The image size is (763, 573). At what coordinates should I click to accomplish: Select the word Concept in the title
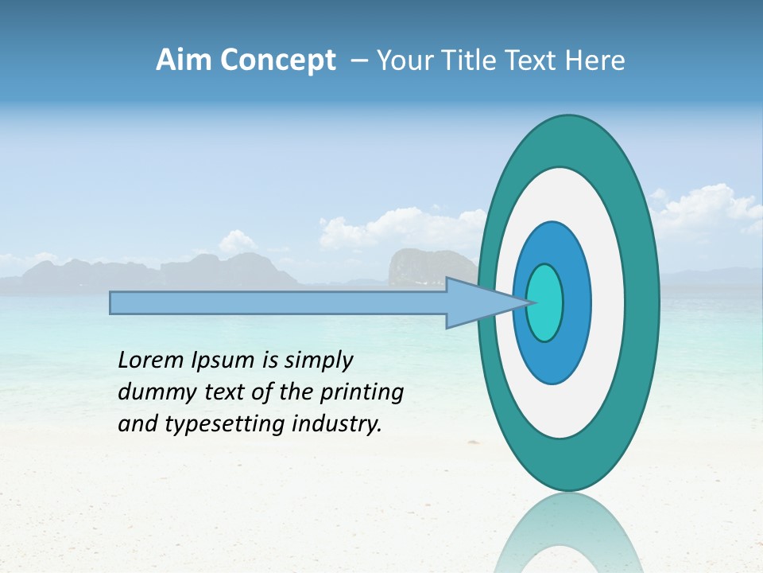(x=277, y=61)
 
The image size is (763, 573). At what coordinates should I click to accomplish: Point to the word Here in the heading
(x=595, y=60)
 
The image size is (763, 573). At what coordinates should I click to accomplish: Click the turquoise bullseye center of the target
(x=544, y=302)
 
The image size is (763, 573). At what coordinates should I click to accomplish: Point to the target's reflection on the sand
(x=569, y=533)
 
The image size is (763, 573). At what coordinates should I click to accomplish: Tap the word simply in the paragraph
(x=319, y=361)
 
